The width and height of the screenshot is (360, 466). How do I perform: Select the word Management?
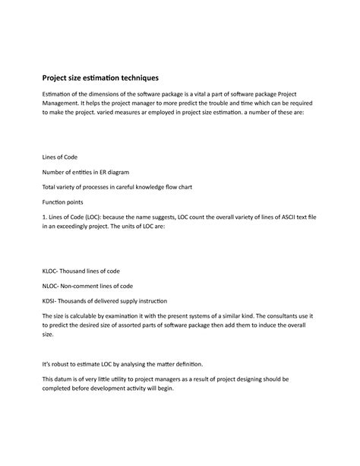pyautogui.click(x=64, y=103)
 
